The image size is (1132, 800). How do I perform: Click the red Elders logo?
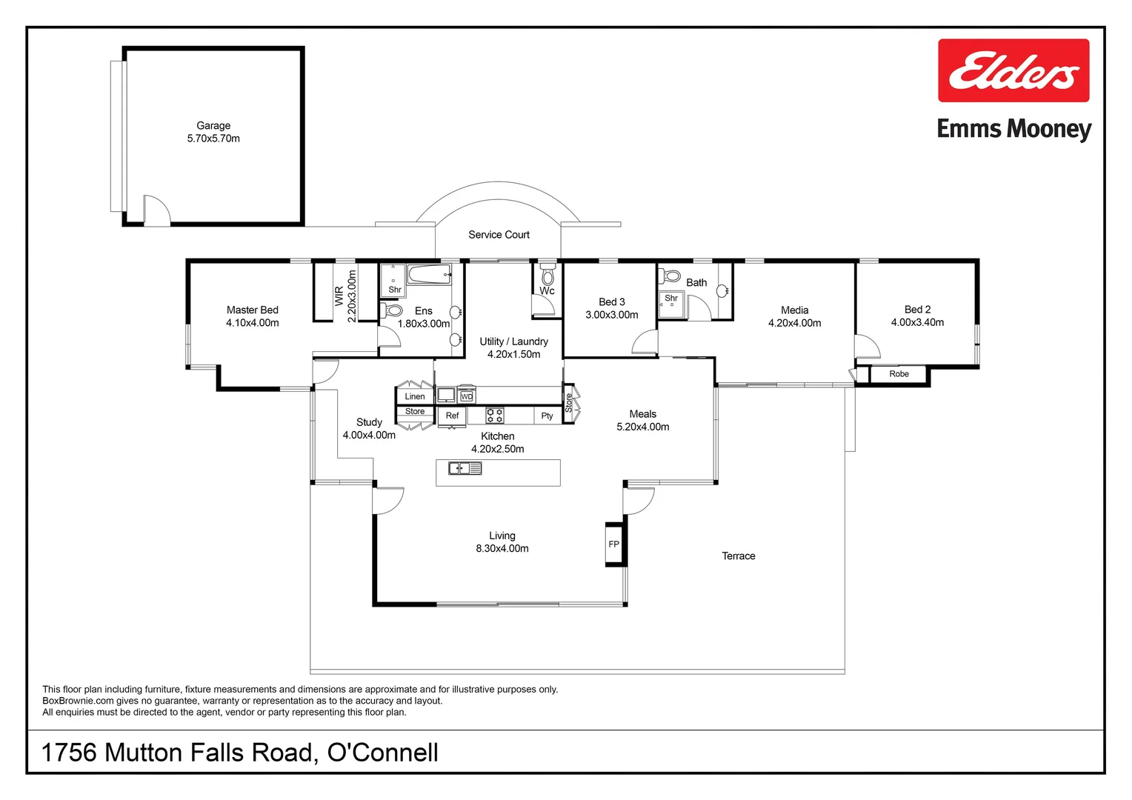click(1013, 70)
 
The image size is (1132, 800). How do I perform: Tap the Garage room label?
click(213, 126)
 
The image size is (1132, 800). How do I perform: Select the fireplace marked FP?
click(614, 544)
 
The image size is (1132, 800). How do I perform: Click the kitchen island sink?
click(465, 468)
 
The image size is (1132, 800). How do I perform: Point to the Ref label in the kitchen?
click(452, 416)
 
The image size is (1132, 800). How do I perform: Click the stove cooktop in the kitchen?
click(495, 415)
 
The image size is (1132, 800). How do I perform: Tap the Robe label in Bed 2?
click(899, 374)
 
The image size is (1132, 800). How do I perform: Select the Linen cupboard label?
click(415, 396)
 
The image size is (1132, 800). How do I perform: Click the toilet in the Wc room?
click(547, 275)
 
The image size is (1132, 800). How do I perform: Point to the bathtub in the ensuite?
click(429, 275)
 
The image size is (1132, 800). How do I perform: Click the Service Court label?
click(499, 235)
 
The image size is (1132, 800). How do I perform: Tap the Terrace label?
click(738, 556)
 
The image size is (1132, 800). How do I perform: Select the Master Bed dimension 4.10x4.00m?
click(253, 323)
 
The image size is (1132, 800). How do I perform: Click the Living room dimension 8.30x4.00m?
click(502, 549)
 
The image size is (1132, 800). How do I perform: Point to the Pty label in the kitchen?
click(547, 416)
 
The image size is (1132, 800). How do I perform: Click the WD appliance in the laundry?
click(466, 396)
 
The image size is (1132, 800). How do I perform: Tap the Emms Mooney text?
click(1013, 130)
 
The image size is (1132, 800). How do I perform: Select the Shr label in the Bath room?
click(671, 299)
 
